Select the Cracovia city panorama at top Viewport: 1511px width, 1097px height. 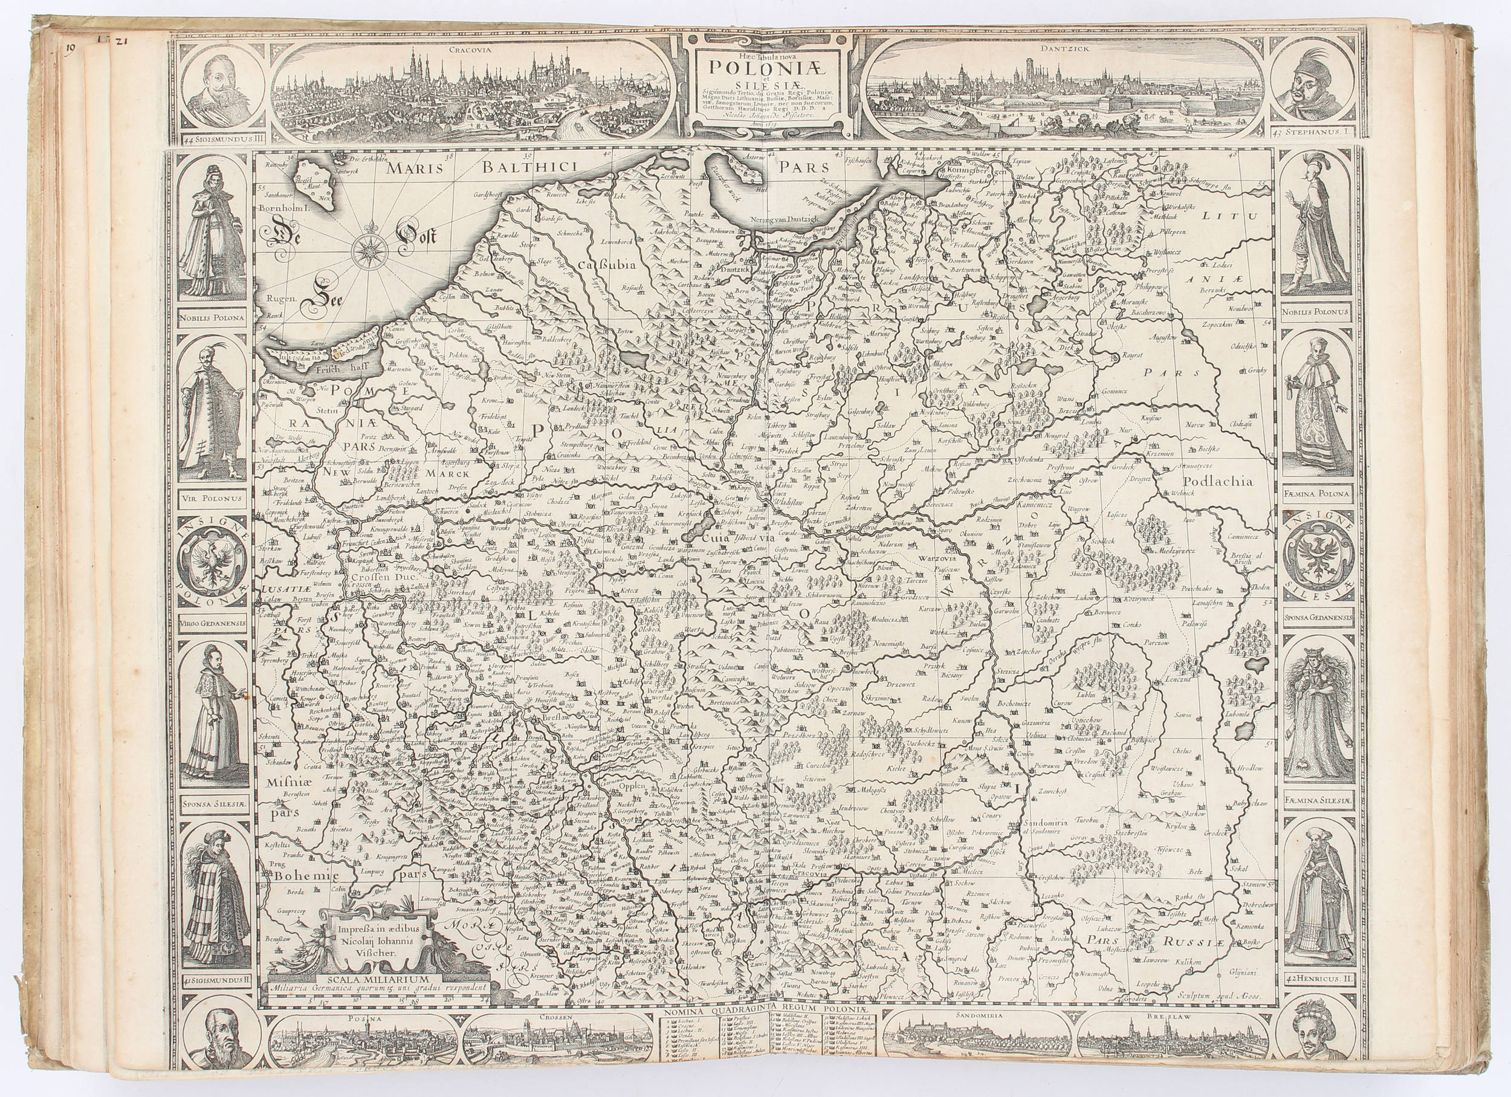(471, 90)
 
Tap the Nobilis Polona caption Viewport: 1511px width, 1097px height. (211, 318)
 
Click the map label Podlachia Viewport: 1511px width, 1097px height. (1223, 481)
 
